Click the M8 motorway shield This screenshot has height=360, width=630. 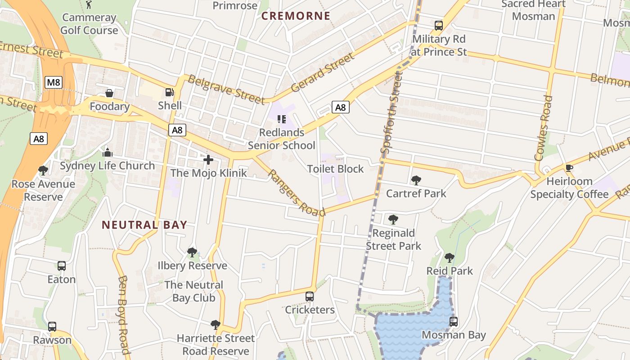54,82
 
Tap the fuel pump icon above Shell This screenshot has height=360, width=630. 170,92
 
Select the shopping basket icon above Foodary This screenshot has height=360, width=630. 109,93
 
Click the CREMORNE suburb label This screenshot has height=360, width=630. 296,16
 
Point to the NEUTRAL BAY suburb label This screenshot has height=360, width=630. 144,225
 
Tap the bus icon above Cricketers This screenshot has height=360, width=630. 310,297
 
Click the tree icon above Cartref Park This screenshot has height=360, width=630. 416,180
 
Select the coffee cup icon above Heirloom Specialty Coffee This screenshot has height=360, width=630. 569,168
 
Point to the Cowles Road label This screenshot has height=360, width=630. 543,128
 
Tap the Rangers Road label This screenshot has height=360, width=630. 296,193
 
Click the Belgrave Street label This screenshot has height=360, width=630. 226,89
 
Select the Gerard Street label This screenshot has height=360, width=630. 323,72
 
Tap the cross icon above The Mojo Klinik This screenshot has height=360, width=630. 208,160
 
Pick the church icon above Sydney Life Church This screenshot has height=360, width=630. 107,153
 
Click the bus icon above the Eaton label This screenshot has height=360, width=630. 62,266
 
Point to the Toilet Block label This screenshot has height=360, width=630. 335,169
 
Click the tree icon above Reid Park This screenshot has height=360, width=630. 449,258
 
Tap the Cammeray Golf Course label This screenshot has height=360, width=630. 89,24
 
